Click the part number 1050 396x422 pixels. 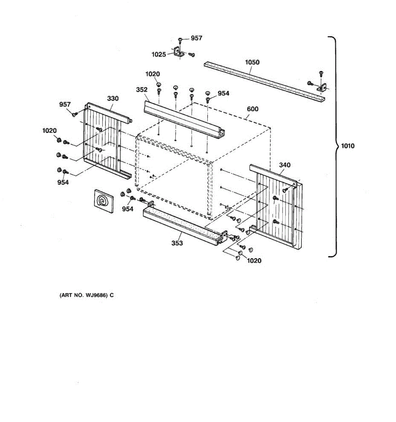[x=252, y=62]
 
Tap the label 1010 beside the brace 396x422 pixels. [x=347, y=146]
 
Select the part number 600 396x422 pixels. [x=252, y=109]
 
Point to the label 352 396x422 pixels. [x=142, y=90]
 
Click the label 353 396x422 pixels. [x=177, y=243]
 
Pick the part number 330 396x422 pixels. [x=113, y=98]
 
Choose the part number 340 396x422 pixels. [x=285, y=165]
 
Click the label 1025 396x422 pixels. [x=158, y=55]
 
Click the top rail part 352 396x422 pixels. [x=183, y=118]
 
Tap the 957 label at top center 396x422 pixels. [x=196, y=38]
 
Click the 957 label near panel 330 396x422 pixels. [x=65, y=104]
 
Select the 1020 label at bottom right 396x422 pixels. [x=254, y=261]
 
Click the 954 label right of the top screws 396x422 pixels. [x=223, y=93]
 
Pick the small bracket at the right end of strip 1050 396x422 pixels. [x=321, y=88]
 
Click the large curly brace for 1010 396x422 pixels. [x=334, y=146]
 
